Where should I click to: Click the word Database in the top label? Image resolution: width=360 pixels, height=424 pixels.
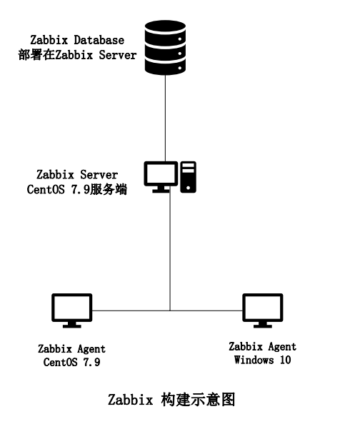99,40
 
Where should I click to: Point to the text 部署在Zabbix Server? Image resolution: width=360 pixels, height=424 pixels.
77,55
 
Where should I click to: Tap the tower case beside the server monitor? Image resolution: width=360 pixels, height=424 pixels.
188,176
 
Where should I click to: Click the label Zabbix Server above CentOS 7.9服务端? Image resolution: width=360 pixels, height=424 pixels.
77,175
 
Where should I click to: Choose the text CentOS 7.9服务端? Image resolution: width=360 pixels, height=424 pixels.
77,191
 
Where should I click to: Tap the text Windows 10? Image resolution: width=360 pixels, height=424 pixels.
262,360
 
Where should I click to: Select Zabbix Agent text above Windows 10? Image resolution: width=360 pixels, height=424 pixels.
262,347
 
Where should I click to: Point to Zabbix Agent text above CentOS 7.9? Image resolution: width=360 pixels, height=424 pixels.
71,349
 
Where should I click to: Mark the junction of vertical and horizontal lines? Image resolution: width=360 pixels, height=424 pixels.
170,311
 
